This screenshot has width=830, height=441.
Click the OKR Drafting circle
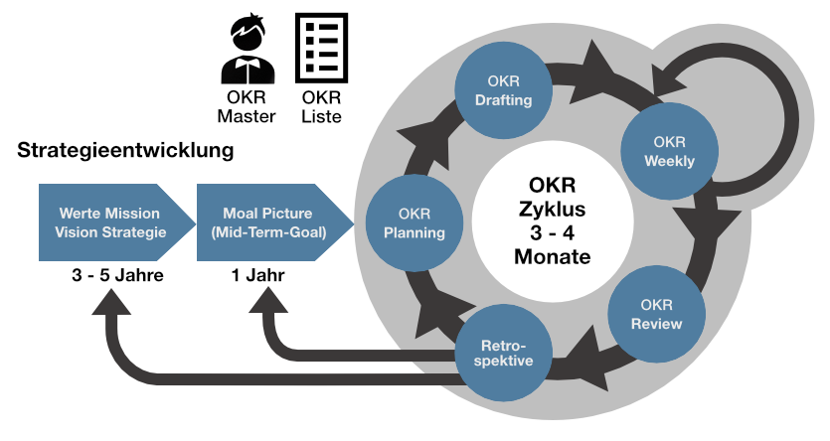[503, 90]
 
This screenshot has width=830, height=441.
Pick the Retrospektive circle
[501, 352]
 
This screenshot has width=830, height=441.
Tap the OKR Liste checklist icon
[321, 47]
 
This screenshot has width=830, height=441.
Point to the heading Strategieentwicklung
[125, 152]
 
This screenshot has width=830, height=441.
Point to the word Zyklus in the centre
[552, 210]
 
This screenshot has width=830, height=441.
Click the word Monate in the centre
[552, 256]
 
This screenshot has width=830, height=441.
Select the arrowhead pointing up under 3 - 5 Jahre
[112, 303]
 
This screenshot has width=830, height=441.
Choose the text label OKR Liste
[321, 107]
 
